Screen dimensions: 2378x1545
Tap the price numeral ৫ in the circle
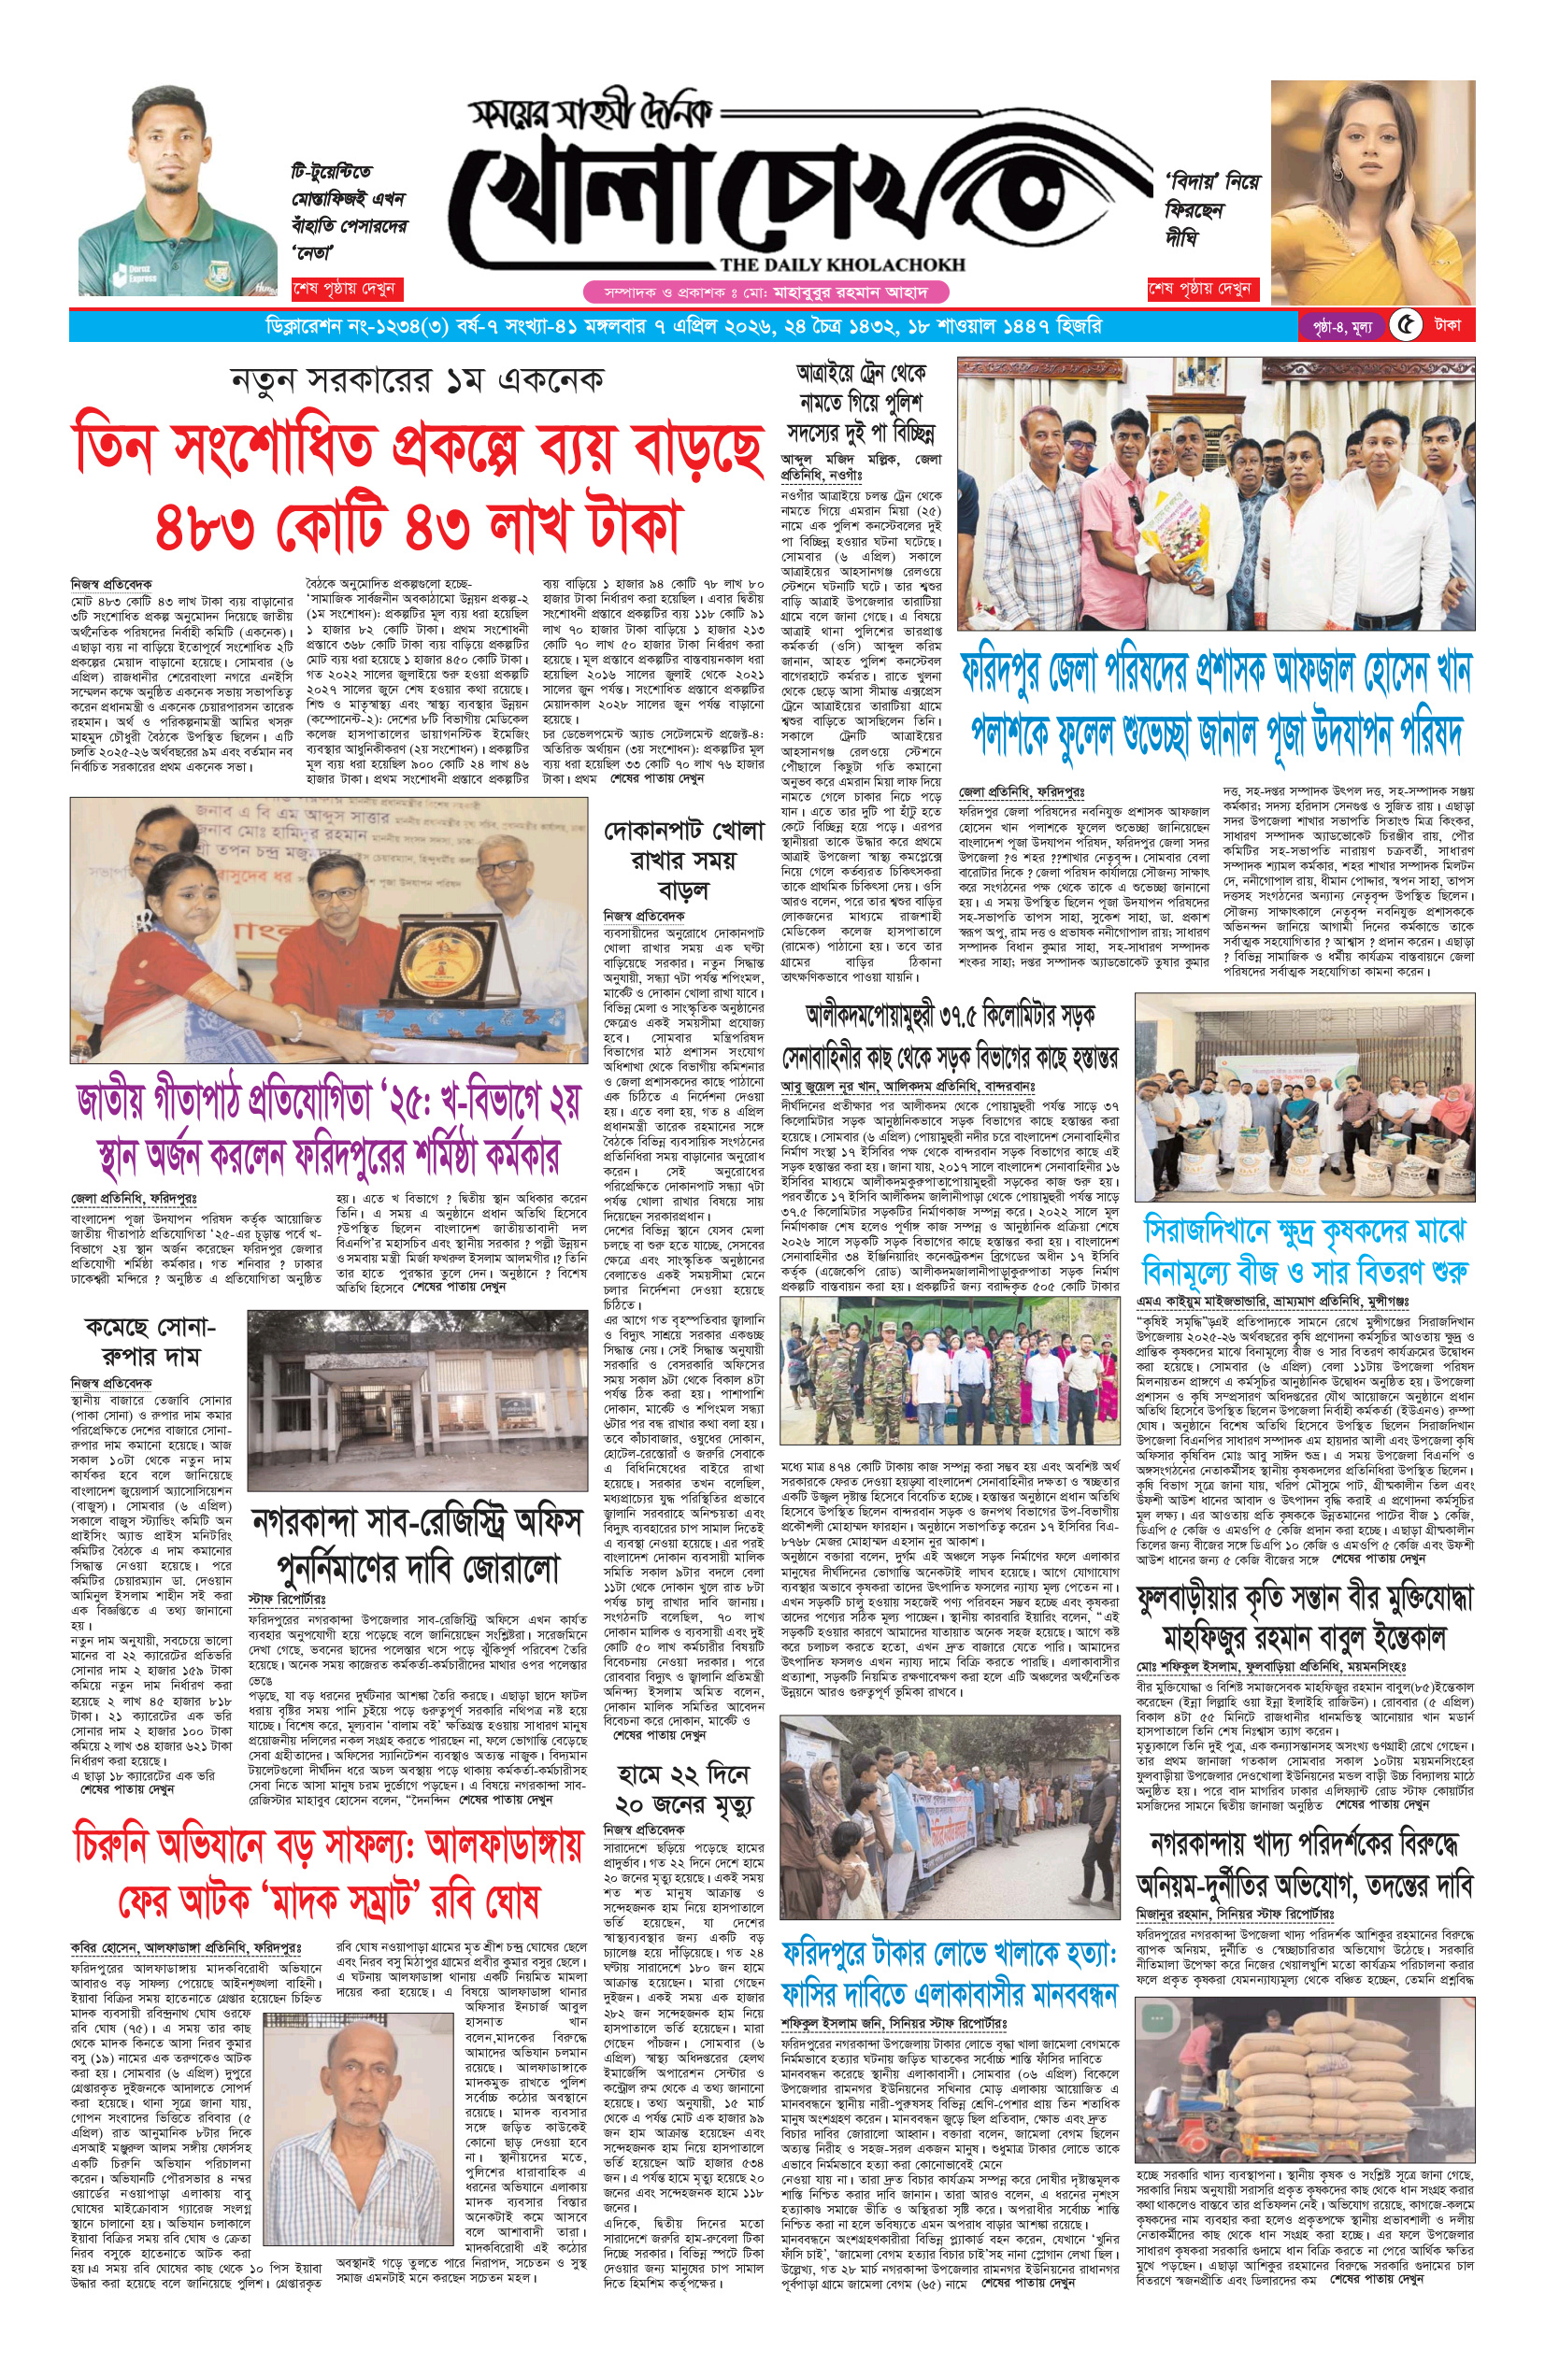click(x=1405, y=326)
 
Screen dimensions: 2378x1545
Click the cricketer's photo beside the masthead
click(x=178, y=190)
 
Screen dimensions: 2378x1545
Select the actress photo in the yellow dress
click(x=1371, y=190)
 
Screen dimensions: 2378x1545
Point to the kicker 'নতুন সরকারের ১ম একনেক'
click(x=417, y=380)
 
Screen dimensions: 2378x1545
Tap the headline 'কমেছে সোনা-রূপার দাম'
click(x=150, y=1341)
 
